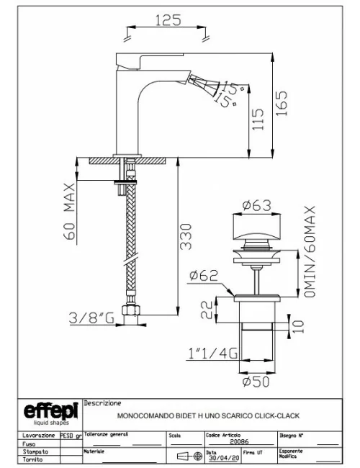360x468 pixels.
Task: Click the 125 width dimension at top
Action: (x=167, y=21)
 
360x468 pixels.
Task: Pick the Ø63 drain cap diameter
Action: (x=256, y=206)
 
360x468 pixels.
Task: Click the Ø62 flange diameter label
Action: (x=204, y=274)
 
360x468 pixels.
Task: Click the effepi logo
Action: (x=48, y=413)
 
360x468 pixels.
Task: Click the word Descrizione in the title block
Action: (x=103, y=403)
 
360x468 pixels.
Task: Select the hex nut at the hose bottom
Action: (x=131, y=312)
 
